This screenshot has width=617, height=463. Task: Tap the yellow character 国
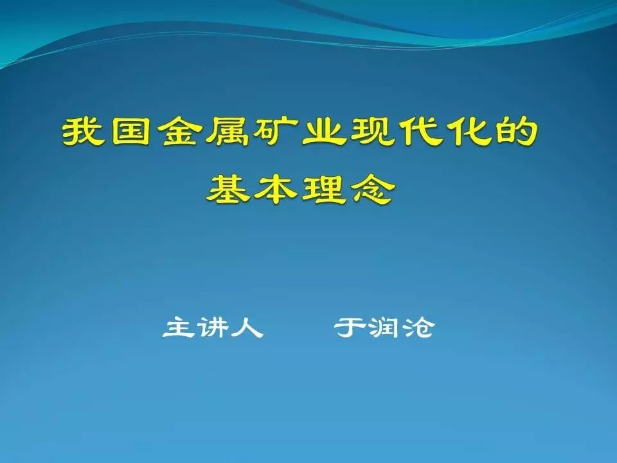coord(131,131)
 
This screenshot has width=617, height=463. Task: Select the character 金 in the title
coord(179,131)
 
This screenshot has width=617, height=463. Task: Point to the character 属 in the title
coord(228,131)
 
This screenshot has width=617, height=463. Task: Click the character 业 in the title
coord(324,131)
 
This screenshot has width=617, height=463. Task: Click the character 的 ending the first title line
coord(516,131)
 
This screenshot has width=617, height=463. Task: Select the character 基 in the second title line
coord(228,189)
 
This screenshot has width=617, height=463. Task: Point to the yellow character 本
coord(276,189)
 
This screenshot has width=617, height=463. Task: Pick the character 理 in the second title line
coord(324,189)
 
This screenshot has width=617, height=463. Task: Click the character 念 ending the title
coord(373,189)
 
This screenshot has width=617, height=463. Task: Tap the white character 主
coord(180,327)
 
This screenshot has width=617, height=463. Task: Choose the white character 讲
coord(213,327)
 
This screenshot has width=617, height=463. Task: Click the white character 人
coord(247,327)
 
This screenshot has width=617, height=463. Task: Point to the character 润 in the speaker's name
coord(384,327)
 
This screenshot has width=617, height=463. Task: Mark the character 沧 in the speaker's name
coord(418,327)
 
